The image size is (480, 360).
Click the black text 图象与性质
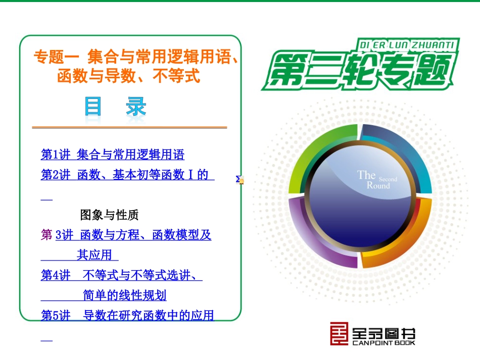tap(109, 215)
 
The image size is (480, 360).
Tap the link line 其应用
tap(94, 255)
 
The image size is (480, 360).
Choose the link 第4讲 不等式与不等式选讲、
tap(121, 276)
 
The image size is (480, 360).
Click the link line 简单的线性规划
tap(124, 295)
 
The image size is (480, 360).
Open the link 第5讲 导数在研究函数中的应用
tap(127, 316)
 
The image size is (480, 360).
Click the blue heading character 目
tap(93, 107)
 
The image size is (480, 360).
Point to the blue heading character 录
tap(136, 107)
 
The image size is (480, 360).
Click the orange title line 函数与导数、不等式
tap(129, 76)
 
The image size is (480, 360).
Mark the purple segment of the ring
tap(316, 237)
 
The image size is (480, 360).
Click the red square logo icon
tap(339, 334)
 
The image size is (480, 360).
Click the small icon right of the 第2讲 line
tap(241, 179)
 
